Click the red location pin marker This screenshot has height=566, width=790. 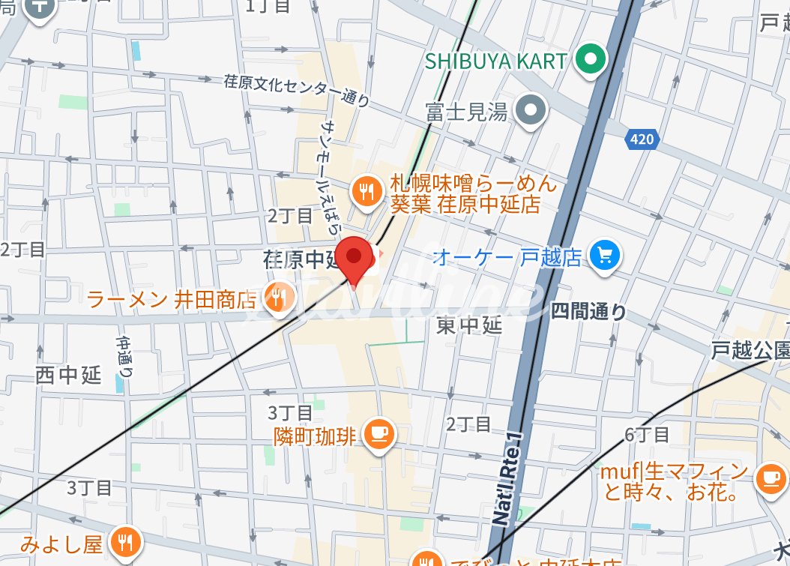355,259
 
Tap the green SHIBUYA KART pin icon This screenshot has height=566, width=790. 590,60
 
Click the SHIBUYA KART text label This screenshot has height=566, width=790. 495,61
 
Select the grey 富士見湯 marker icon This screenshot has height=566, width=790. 532,111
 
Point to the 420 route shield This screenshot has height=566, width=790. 642,139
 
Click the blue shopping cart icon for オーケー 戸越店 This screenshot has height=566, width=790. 603,257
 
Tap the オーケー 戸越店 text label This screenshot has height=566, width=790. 507,258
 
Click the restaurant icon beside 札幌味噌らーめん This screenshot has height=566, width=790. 367,192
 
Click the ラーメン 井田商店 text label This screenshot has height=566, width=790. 172,300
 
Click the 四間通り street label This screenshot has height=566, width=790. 588,312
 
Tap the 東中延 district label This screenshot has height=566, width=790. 469,325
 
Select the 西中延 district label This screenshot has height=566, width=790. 68,375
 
